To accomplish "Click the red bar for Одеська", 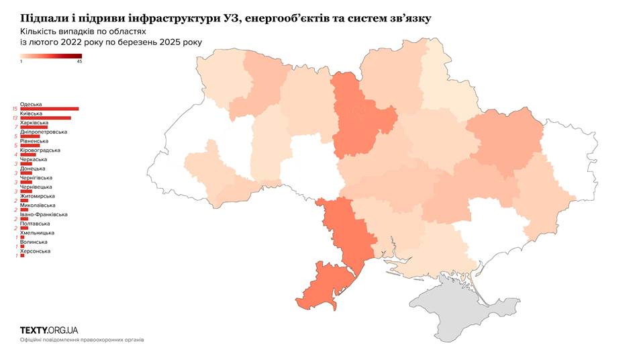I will pos(50,109).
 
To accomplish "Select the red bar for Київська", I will pos(46,118).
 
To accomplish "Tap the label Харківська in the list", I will pos(34,123).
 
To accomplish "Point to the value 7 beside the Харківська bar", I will pos(15,127).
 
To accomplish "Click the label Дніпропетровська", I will pos(43,132).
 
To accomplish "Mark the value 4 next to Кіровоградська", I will pos(15,154).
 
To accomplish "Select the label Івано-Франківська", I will pos(44,214).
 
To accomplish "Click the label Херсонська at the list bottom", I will pos(36,251).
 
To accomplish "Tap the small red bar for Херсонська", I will pos(22,255).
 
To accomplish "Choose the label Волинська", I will pos(34,242).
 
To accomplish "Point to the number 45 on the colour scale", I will pos(79,62).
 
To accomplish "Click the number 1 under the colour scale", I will pos(21,62).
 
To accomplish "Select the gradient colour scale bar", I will pos(51,56).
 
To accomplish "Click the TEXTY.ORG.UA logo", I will pos(49,330).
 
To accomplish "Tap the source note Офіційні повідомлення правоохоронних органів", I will pos(82,340).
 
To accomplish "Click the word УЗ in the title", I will pos(230,18).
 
